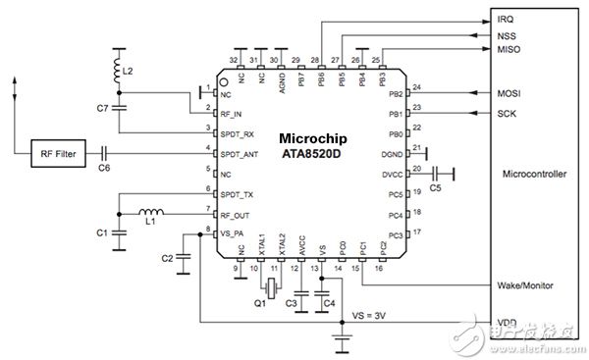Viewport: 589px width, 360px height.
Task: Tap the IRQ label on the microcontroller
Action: (505, 19)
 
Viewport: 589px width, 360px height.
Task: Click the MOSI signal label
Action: (508, 94)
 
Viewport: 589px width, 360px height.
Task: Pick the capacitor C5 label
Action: (437, 187)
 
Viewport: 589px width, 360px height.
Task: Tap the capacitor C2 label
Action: (167, 258)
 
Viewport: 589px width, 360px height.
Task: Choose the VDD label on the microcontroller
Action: (505, 322)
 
